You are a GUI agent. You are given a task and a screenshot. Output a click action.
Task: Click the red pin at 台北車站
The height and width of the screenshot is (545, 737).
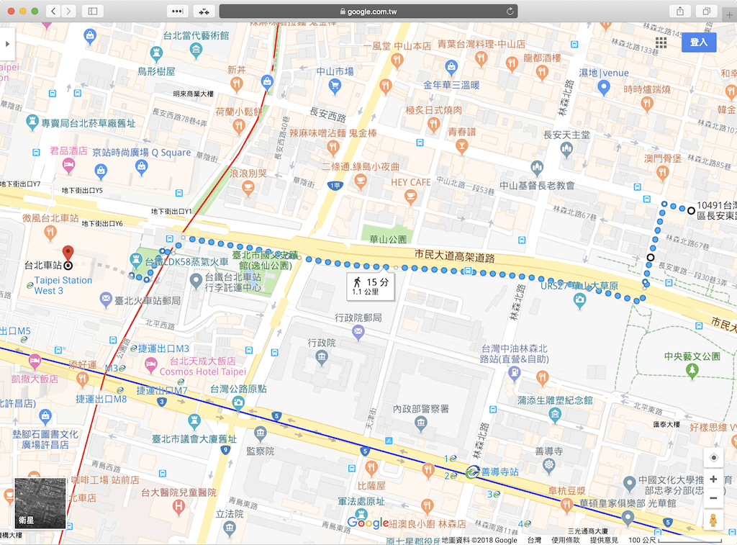[68, 253]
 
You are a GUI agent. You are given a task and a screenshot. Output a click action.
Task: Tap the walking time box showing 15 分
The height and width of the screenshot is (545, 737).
[371, 287]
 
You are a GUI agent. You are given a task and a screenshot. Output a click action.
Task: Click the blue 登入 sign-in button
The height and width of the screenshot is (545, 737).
[699, 42]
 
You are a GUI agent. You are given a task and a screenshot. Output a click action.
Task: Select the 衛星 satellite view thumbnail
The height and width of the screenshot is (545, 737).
[40, 503]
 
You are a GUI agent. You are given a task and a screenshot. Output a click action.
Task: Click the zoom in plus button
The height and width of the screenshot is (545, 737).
[713, 479]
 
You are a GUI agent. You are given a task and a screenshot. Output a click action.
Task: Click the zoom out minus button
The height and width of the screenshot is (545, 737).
[713, 498]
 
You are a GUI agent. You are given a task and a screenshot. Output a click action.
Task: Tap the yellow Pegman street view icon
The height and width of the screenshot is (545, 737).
[713, 521]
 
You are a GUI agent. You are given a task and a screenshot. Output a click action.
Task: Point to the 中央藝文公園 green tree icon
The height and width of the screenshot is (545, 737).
[692, 370]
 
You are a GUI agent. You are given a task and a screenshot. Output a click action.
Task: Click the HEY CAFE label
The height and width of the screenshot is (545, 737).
[411, 182]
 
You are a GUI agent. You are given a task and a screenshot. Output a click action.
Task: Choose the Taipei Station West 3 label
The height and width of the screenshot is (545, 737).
[63, 285]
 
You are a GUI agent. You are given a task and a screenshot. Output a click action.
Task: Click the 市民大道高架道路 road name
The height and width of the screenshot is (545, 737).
[456, 255]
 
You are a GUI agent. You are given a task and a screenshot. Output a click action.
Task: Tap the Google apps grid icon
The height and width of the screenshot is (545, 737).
[661, 42]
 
